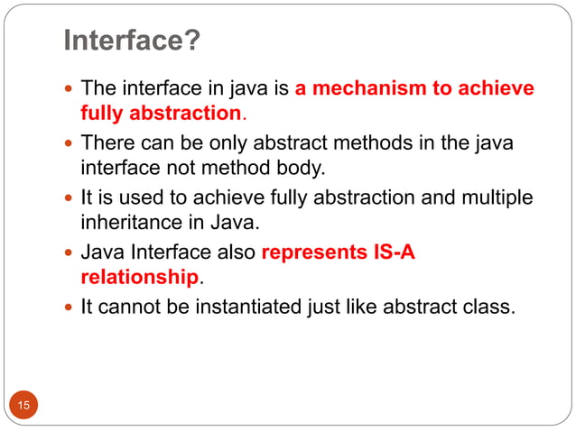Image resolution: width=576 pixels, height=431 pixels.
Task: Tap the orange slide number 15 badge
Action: click(x=23, y=406)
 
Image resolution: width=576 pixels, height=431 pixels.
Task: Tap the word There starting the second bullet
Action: click(x=106, y=143)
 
